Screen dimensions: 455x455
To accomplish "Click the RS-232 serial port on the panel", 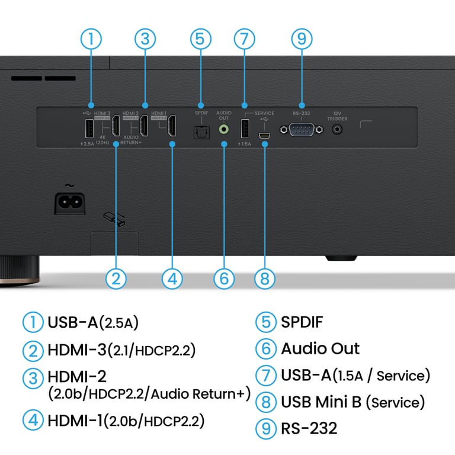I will [x=302, y=130].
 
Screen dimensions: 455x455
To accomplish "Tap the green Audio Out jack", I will [x=224, y=129].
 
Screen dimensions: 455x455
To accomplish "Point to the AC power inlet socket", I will [x=69, y=203].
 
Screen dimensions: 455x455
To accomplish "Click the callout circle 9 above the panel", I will [x=302, y=39].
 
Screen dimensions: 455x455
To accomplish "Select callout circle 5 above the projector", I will [x=201, y=39].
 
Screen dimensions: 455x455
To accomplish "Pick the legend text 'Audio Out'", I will [x=320, y=348].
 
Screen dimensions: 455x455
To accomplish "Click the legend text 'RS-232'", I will [x=309, y=428].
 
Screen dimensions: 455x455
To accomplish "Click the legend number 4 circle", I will [x=33, y=421].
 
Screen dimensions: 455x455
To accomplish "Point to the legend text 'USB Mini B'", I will [x=321, y=402].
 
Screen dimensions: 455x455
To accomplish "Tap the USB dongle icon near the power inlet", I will [x=113, y=219].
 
